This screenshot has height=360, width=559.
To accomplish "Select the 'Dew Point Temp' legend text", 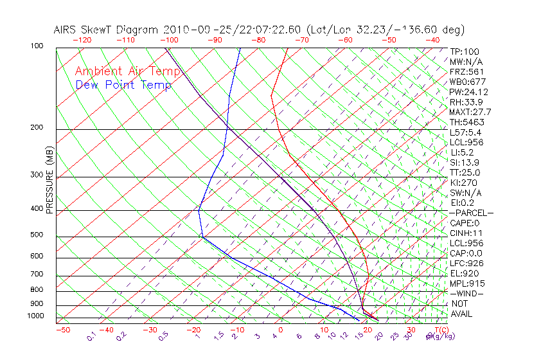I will (123, 85).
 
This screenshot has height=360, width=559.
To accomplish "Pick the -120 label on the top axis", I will (82, 40).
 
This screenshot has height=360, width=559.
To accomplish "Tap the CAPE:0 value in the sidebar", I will (466, 223).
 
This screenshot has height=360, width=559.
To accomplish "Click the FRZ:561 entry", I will (466, 71).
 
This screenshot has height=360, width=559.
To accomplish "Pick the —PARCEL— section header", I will (471, 213).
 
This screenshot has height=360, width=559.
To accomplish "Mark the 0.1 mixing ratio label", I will (93, 336).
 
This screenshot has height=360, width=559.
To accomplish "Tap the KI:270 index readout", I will (464, 183).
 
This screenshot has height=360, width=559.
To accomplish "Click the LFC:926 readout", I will (466, 263).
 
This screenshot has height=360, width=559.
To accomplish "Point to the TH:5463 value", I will (466, 122).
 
